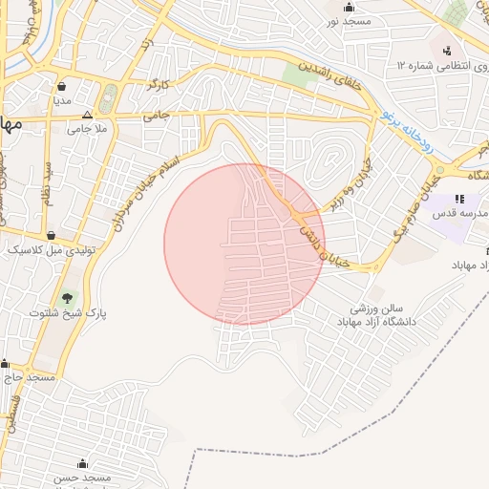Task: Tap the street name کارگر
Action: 157,86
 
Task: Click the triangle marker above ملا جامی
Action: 87,114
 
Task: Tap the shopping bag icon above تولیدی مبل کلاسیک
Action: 50,235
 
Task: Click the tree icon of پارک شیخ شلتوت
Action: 66,299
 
